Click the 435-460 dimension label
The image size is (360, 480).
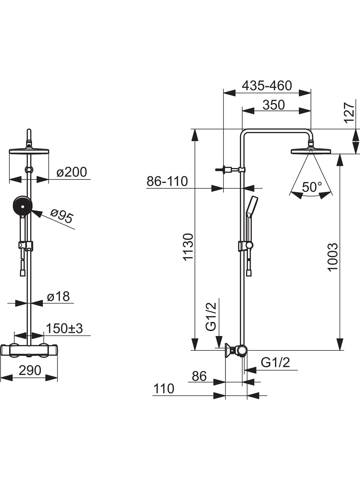(x=267, y=86)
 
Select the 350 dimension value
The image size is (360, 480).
(x=274, y=105)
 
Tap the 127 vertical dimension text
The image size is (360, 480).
(x=349, y=113)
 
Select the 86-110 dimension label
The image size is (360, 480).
(x=167, y=181)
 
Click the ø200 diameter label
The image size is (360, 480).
(x=72, y=172)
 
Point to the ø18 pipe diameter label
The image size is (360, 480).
(x=58, y=296)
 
